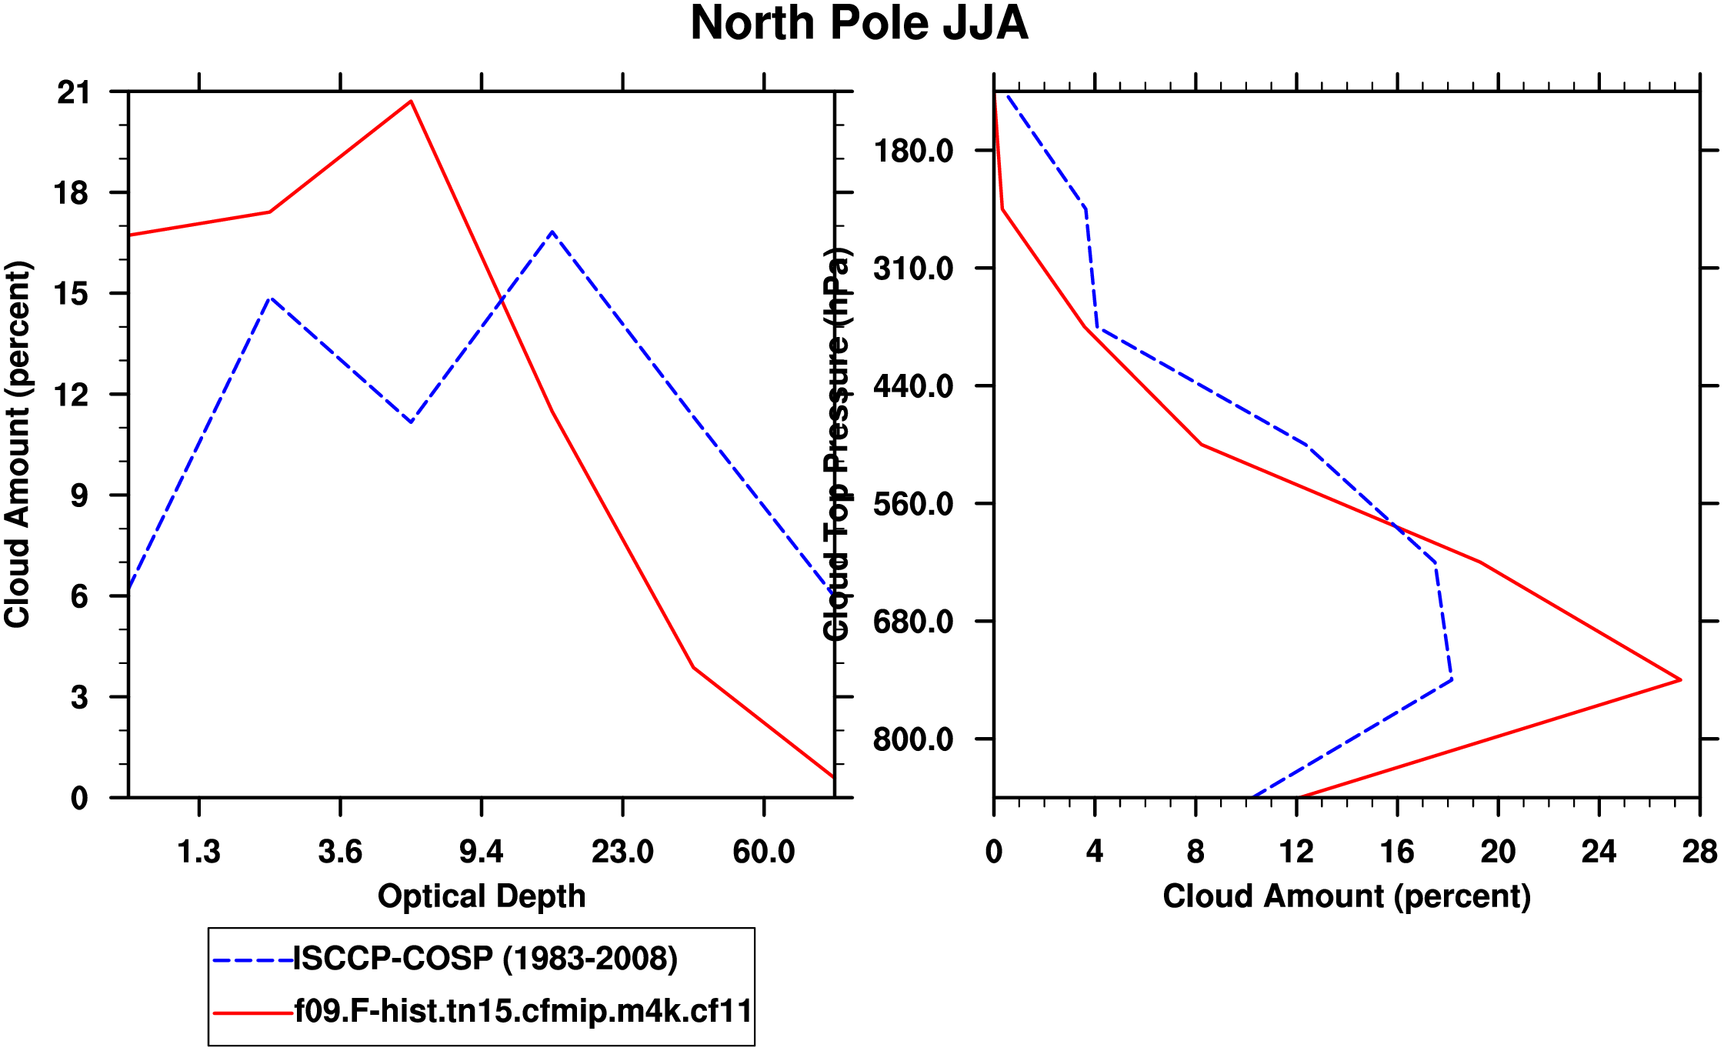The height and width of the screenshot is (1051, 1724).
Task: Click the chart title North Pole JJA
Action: (x=859, y=23)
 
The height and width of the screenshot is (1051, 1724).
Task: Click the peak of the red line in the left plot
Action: (x=412, y=101)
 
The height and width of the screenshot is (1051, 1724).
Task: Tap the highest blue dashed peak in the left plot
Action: (x=552, y=231)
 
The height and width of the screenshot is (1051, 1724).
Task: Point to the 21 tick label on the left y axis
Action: (x=73, y=93)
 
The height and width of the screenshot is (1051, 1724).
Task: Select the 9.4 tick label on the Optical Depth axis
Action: (x=481, y=852)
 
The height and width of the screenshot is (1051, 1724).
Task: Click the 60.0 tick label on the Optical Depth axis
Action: (x=763, y=852)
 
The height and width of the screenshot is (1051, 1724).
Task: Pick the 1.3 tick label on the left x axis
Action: (x=198, y=852)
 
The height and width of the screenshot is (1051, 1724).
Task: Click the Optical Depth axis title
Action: (x=482, y=896)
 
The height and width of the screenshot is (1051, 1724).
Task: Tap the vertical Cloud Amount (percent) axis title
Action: (x=17, y=445)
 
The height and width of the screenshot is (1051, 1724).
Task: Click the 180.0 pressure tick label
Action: (x=913, y=151)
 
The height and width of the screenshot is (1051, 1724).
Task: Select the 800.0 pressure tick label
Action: (x=913, y=739)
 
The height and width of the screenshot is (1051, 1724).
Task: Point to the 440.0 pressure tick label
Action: (x=913, y=386)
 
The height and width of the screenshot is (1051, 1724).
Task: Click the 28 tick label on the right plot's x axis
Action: (x=1699, y=852)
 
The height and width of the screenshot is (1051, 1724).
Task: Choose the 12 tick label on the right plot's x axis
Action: (x=1296, y=852)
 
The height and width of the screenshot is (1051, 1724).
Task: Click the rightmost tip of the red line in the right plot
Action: (x=1681, y=679)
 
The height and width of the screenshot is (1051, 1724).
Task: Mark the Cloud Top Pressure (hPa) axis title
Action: (x=836, y=445)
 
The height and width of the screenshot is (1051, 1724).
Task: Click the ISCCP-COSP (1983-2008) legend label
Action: (x=485, y=959)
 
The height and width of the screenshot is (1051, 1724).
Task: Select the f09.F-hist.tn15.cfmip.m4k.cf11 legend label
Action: (x=523, y=1011)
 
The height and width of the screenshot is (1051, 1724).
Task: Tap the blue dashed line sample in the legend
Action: (x=252, y=960)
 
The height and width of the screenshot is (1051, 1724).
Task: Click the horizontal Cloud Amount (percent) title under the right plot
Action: (x=1346, y=896)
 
